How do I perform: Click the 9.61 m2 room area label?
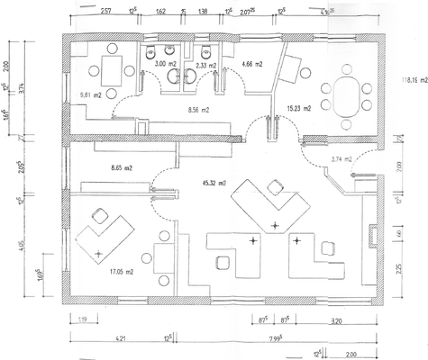coord(90,94)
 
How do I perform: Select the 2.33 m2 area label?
coord(206,66)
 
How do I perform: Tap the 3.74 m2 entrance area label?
coord(342,159)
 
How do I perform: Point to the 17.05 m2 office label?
coord(121,271)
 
